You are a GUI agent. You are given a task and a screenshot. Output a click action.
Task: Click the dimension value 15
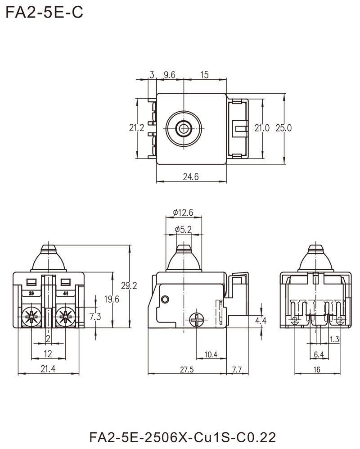click(x=204, y=75)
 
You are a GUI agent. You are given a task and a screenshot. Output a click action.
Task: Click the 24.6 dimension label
click(x=192, y=177)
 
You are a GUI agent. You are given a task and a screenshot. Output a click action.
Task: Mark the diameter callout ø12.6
click(x=183, y=213)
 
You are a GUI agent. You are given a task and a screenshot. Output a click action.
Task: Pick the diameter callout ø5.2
click(x=184, y=230)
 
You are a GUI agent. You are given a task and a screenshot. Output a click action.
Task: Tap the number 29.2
click(x=130, y=286)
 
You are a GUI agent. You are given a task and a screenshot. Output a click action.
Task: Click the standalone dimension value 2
click(x=49, y=338)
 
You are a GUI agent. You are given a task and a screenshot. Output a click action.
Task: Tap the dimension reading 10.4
click(x=211, y=355)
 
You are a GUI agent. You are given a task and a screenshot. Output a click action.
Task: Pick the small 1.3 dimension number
click(x=334, y=339)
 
